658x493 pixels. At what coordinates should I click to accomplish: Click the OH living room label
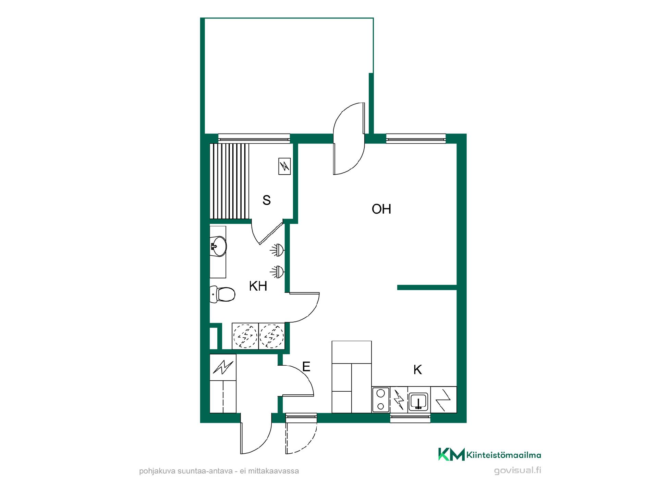click(x=381, y=209)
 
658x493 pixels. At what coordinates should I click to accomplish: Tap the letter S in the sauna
click(x=267, y=200)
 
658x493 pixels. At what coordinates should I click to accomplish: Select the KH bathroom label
click(x=258, y=286)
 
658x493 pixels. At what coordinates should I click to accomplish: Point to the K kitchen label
click(x=417, y=370)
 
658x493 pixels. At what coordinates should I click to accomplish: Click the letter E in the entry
click(x=306, y=367)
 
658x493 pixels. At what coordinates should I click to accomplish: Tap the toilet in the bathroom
click(x=222, y=294)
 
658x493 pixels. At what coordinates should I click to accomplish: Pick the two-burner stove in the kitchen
click(x=381, y=400)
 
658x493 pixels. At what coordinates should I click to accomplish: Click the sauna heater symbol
click(x=285, y=166)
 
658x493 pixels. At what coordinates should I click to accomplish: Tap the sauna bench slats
click(x=229, y=181)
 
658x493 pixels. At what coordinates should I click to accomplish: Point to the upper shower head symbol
click(x=278, y=250)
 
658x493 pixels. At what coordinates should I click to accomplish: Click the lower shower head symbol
click(x=278, y=271)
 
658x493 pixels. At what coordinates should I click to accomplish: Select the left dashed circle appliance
click(x=245, y=336)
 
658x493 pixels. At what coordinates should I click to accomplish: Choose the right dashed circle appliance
click(x=272, y=336)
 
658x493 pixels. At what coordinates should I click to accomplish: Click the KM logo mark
click(x=451, y=454)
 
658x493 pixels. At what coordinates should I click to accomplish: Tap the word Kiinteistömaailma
click(x=504, y=455)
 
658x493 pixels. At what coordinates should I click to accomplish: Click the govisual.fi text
click(x=517, y=470)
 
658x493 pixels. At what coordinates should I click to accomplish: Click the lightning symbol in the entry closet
click(x=223, y=367)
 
